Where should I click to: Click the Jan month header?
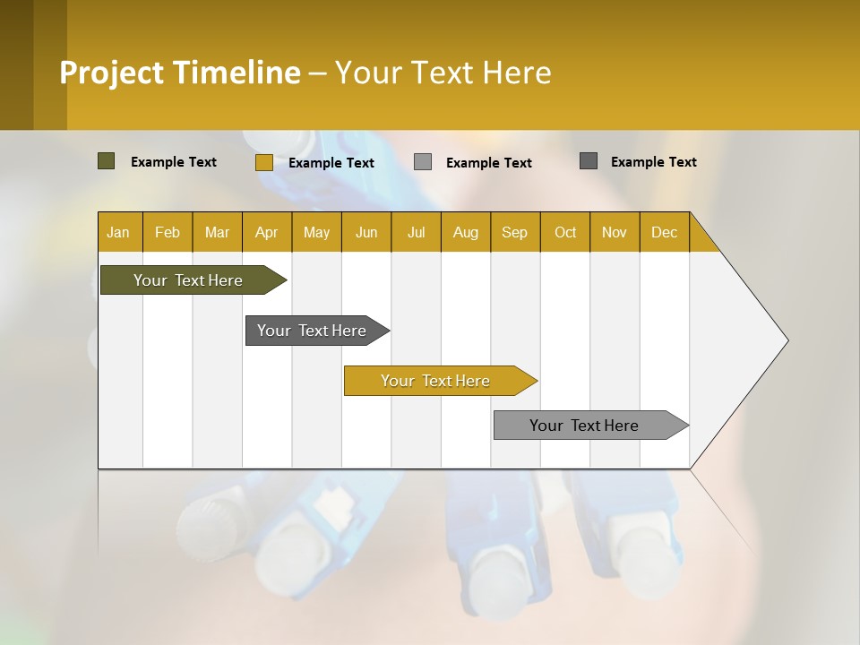coord(118,232)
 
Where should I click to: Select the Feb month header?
coord(168,232)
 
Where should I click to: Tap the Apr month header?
coord(266,232)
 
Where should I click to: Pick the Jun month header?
coord(366,232)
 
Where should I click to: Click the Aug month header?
coord(465,232)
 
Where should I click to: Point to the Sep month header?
coord(514,232)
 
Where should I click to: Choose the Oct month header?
coord(565,232)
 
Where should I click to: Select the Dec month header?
coord(664,232)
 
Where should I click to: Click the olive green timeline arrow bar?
coord(189,280)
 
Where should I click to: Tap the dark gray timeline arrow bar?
coord(313,331)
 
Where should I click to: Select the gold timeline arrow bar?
coord(436,381)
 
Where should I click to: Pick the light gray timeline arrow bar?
coord(585,426)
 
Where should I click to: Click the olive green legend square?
coord(106,161)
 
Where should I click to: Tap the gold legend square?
coord(263,162)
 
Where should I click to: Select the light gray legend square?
coord(423,161)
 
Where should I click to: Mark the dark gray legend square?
coord(589,161)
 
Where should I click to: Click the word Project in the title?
coord(110,73)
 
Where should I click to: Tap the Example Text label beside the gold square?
coord(331,163)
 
